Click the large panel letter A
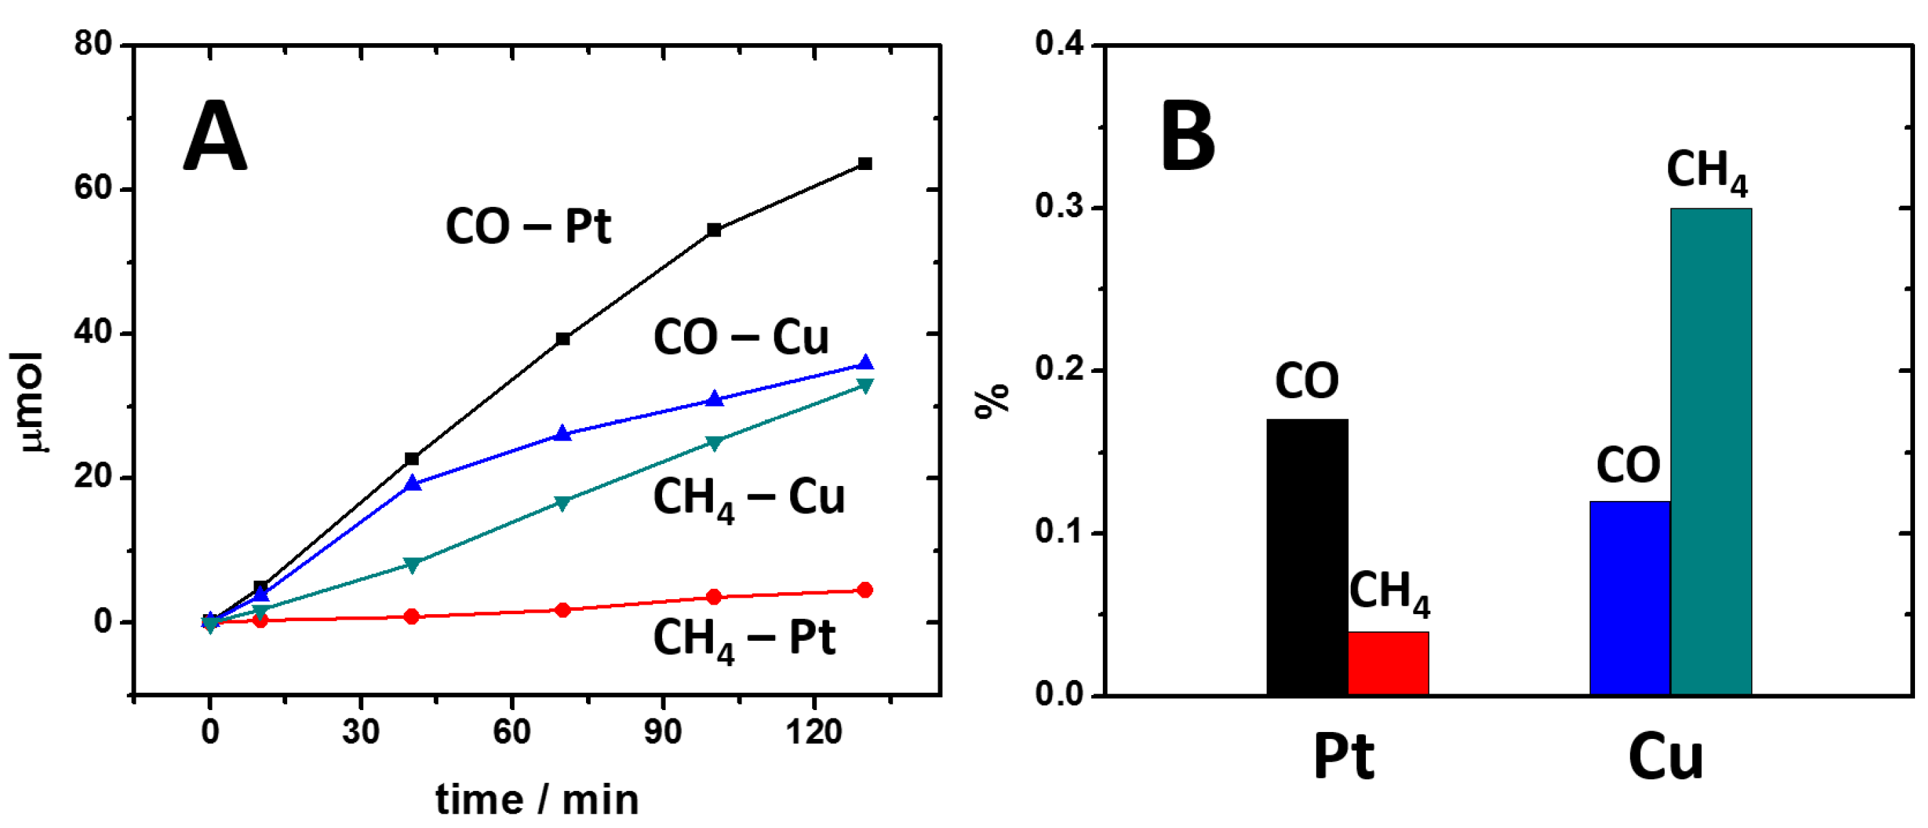tap(215, 137)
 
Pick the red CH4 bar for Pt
tap(1389, 663)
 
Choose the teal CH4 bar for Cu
tap(1711, 452)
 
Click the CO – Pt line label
tap(528, 226)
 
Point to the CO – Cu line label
tap(741, 337)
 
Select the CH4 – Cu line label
tap(748, 498)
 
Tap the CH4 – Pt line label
tap(744, 639)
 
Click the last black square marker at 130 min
tap(864, 163)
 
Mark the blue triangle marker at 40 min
tap(413, 484)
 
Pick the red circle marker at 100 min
tap(714, 597)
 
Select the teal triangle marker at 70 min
tap(563, 502)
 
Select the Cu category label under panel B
tap(1666, 757)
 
